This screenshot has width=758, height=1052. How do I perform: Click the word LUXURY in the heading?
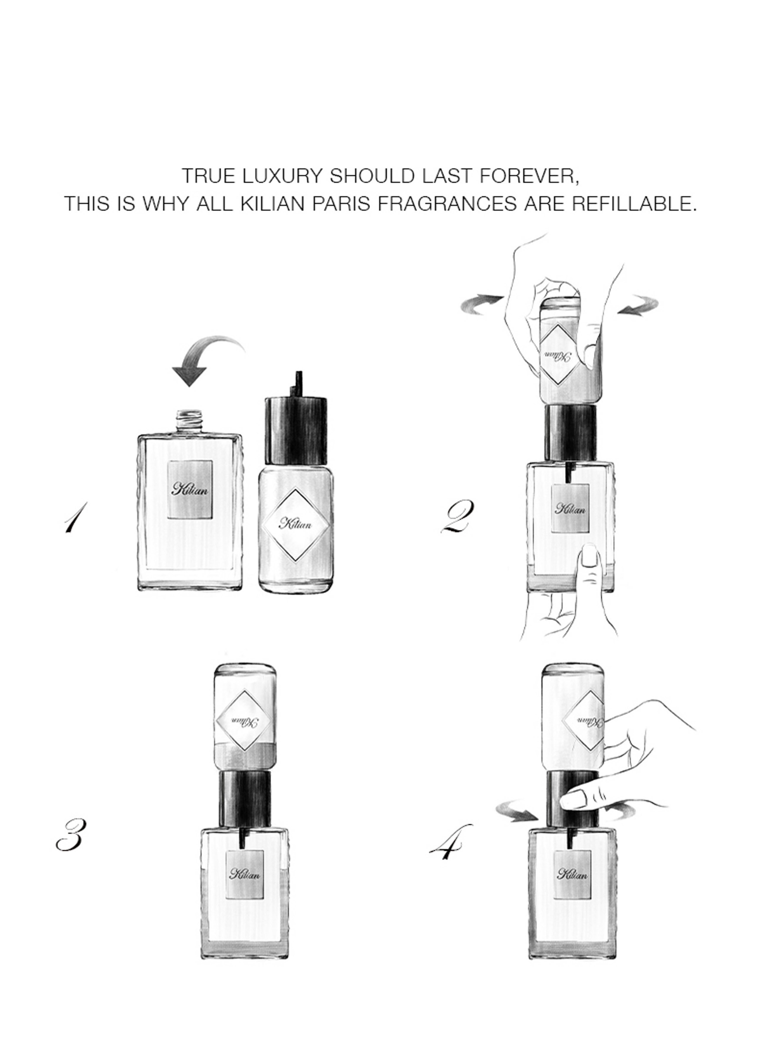282,176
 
